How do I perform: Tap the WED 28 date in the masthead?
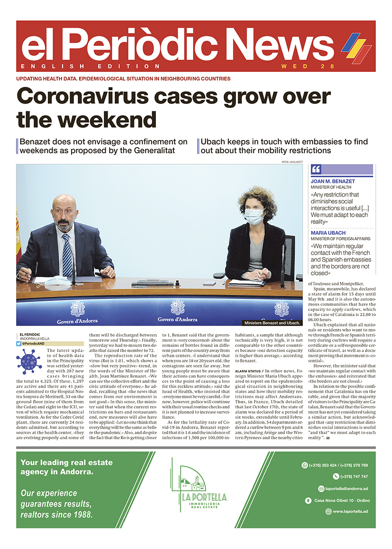(x=308, y=66)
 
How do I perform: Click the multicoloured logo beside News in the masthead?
(x=356, y=47)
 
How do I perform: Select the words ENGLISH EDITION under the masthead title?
(x=91, y=66)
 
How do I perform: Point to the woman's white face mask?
(x=254, y=217)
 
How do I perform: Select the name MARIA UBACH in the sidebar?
(x=328, y=233)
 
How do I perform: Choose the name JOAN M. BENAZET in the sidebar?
(x=333, y=181)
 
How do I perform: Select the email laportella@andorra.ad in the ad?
(x=343, y=488)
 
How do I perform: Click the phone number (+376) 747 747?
(x=351, y=477)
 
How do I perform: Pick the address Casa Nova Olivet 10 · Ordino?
(x=344, y=500)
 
